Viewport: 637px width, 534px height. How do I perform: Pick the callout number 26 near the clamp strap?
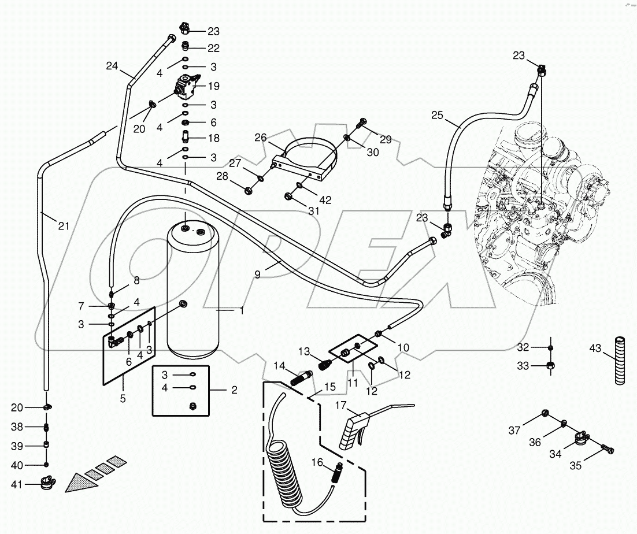click(261, 138)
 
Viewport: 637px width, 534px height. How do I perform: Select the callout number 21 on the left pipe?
click(63, 226)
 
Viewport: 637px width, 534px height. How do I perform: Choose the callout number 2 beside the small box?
click(234, 391)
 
